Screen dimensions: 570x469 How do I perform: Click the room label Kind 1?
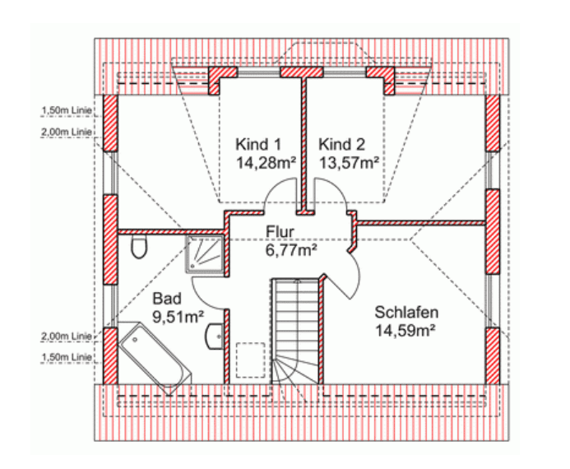258,144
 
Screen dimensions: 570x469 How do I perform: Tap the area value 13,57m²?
349,163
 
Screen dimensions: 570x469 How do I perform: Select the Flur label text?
280,231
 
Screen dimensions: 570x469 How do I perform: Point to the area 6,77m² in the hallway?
291,250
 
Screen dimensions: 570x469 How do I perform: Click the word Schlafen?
406,313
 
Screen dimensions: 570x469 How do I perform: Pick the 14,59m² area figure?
405,331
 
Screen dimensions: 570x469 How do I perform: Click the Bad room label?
167,299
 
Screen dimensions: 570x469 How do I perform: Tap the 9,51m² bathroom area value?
178,317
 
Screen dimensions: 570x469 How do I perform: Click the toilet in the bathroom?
139,247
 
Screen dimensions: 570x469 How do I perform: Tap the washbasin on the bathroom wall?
215,337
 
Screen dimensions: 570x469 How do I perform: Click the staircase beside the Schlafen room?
295,331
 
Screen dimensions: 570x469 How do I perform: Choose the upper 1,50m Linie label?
67,110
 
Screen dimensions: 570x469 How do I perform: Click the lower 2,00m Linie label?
67,337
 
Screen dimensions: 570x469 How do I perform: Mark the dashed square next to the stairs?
251,360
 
